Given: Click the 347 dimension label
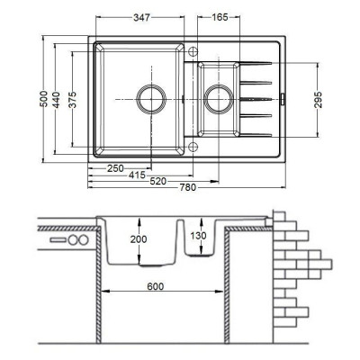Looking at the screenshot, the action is pos(141,17).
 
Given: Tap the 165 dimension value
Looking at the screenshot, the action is pos(220,17).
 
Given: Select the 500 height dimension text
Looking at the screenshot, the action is pos(44,99).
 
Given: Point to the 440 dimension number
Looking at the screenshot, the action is pos(56,100).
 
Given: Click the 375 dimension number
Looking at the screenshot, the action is pos(72,100).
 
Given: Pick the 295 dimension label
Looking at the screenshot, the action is pos(318,100).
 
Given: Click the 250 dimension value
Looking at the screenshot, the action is pos(115,168).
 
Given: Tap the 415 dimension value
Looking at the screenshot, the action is pos(137,175).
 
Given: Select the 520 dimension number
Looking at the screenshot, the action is pos(158,181).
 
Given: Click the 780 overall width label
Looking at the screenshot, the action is pos(188,187).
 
